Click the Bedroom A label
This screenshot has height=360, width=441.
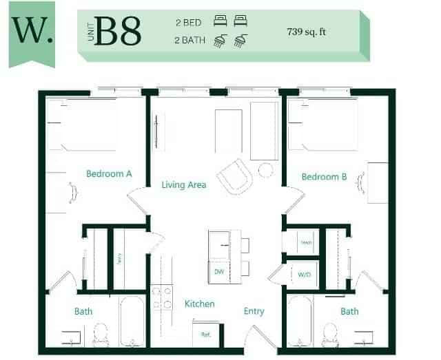[x=109, y=174]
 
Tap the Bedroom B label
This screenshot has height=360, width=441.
[x=325, y=177]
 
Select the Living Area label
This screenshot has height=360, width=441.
[x=184, y=184]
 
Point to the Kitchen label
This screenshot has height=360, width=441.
[x=199, y=304]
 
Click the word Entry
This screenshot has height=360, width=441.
[x=254, y=311]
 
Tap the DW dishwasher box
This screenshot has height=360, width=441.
[x=219, y=272]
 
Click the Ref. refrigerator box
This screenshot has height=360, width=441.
[x=205, y=335]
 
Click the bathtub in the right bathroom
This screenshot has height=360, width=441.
[x=300, y=321]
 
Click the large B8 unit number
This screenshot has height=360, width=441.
[x=119, y=30]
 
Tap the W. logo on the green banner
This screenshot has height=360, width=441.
[x=32, y=30]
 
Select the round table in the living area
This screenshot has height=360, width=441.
[x=265, y=169]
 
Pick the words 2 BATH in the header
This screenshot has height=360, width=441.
[x=192, y=41]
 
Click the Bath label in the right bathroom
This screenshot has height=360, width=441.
[x=349, y=311]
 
